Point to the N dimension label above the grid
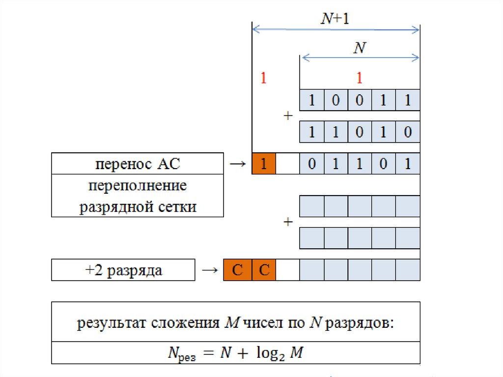pos(361,48)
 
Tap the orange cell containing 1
pos(264,164)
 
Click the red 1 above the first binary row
pos(360,78)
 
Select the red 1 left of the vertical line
pos(263,78)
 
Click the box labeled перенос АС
pos(138,164)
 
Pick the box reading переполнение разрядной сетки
pos(138,196)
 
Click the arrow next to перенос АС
pos(237,164)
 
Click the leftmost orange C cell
pos(238,270)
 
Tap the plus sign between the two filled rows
pos(288,116)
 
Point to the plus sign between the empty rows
pos(288,222)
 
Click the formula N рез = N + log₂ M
pos(235,353)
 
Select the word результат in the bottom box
pos(112,323)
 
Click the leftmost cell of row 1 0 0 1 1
pos(312,100)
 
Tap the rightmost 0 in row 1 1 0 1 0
pos(408,132)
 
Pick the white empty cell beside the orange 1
pos(288,164)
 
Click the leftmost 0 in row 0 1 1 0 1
pos(312,164)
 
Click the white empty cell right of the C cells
pos(288,270)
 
